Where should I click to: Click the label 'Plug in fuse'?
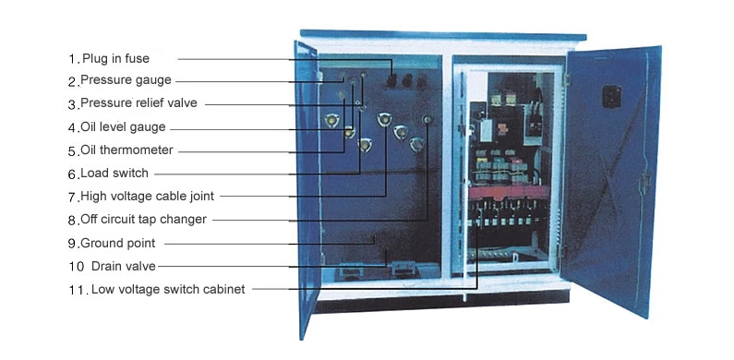coord(115,58)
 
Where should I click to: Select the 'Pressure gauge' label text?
coord(126,80)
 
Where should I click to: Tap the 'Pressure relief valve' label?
coord(139,103)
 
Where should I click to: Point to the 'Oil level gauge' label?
coord(123,126)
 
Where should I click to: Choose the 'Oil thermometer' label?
coord(126,150)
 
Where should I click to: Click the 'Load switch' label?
coord(114,173)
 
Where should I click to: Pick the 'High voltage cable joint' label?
coord(148,196)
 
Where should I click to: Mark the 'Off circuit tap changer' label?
coord(144,219)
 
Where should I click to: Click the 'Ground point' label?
coord(118,244)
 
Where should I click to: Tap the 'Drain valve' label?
coord(124,266)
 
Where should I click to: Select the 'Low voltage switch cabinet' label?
coord(168,289)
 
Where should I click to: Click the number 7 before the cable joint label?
coord(73,198)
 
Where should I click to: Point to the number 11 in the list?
coord(77,290)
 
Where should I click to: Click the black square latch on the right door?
coord(611,96)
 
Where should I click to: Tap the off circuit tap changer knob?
coord(427,120)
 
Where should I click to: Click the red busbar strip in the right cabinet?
coord(509,191)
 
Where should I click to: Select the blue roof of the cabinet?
coord(443,35)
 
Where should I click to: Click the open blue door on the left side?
coord(307,187)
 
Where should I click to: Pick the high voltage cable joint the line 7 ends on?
coord(385,119)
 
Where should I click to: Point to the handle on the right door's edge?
coord(645,183)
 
